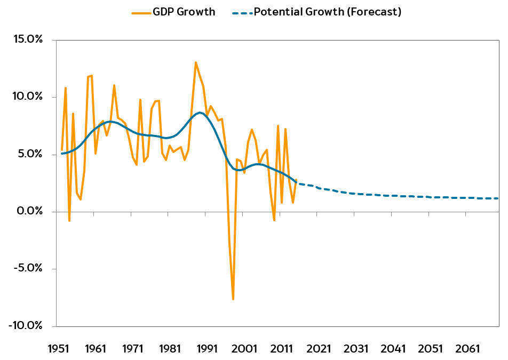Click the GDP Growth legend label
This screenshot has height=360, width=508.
coord(184,12)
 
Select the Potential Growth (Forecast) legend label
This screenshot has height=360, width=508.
coord(328,12)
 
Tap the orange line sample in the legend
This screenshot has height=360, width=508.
coord(141,13)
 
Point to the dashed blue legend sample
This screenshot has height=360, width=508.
coord(242,13)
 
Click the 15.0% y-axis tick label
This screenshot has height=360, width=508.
coord(28,39)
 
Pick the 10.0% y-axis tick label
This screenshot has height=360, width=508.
coord(28,97)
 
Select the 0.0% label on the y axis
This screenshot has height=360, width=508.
coord(30,211)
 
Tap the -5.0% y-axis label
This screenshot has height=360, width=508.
coord(28,268)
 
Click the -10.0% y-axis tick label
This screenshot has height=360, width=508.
coord(26,325)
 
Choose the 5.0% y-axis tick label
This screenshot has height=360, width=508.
coord(30,154)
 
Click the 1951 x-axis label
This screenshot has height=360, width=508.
coord(59,349)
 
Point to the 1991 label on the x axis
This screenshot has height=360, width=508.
coord(208,349)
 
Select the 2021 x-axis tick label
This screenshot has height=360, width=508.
coord(319,349)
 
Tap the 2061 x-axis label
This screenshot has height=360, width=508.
coord(467,349)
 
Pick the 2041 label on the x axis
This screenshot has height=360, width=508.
coord(393,349)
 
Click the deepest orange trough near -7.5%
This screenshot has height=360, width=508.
coord(233,299)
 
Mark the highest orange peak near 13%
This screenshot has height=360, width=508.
coord(196,62)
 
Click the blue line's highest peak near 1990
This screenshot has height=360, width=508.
coord(200,113)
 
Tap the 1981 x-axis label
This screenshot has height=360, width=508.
coord(170,349)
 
